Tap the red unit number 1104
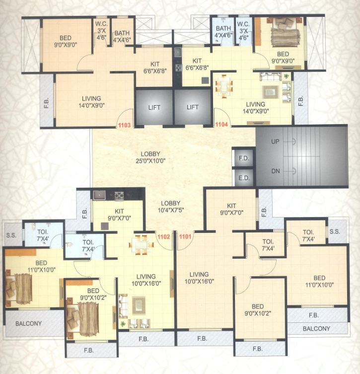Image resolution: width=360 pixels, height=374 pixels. pyautogui.click(x=221, y=125)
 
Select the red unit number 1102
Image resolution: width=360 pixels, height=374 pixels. pyautogui.click(x=164, y=237)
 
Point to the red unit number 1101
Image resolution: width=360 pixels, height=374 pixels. pyautogui.click(x=185, y=237)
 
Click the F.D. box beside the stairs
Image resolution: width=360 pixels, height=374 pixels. pyautogui.click(x=243, y=157)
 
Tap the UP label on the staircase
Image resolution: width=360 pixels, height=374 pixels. pyautogui.click(x=275, y=142)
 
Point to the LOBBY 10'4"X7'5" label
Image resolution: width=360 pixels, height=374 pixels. pyautogui.click(x=170, y=207)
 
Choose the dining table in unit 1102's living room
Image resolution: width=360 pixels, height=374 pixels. pyautogui.click(x=141, y=244)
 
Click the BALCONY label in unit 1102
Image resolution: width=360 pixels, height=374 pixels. pyautogui.click(x=28, y=323)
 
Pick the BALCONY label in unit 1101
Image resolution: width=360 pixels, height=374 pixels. pyautogui.click(x=316, y=328)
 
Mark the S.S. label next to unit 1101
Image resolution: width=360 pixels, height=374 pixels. pyautogui.click(x=335, y=231)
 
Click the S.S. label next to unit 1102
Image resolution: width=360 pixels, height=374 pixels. pyautogui.click(x=11, y=235)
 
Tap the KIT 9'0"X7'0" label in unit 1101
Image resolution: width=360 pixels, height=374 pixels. pyautogui.click(x=231, y=209)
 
